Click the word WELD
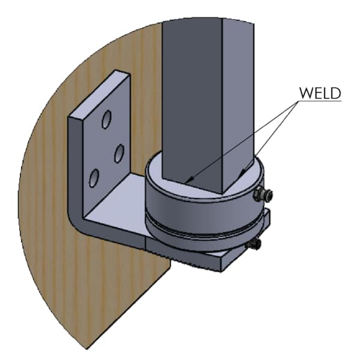(320, 93)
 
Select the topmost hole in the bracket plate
(107, 119)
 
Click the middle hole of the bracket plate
(119, 154)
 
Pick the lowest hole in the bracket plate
(94, 178)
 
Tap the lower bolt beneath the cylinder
(254, 244)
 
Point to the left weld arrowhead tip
(185, 182)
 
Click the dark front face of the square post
(192, 101)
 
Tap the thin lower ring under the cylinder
(205, 239)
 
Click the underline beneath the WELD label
(320, 100)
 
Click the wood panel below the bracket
(103, 287)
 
